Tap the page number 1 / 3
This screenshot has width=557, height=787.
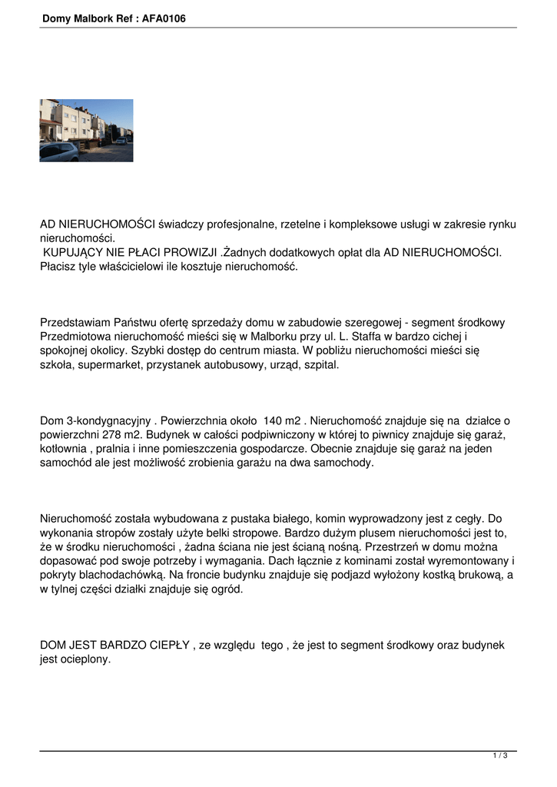click(500, 756)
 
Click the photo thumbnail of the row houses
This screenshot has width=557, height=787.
click(86, 130)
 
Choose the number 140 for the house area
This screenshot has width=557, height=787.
click(274, 420)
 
